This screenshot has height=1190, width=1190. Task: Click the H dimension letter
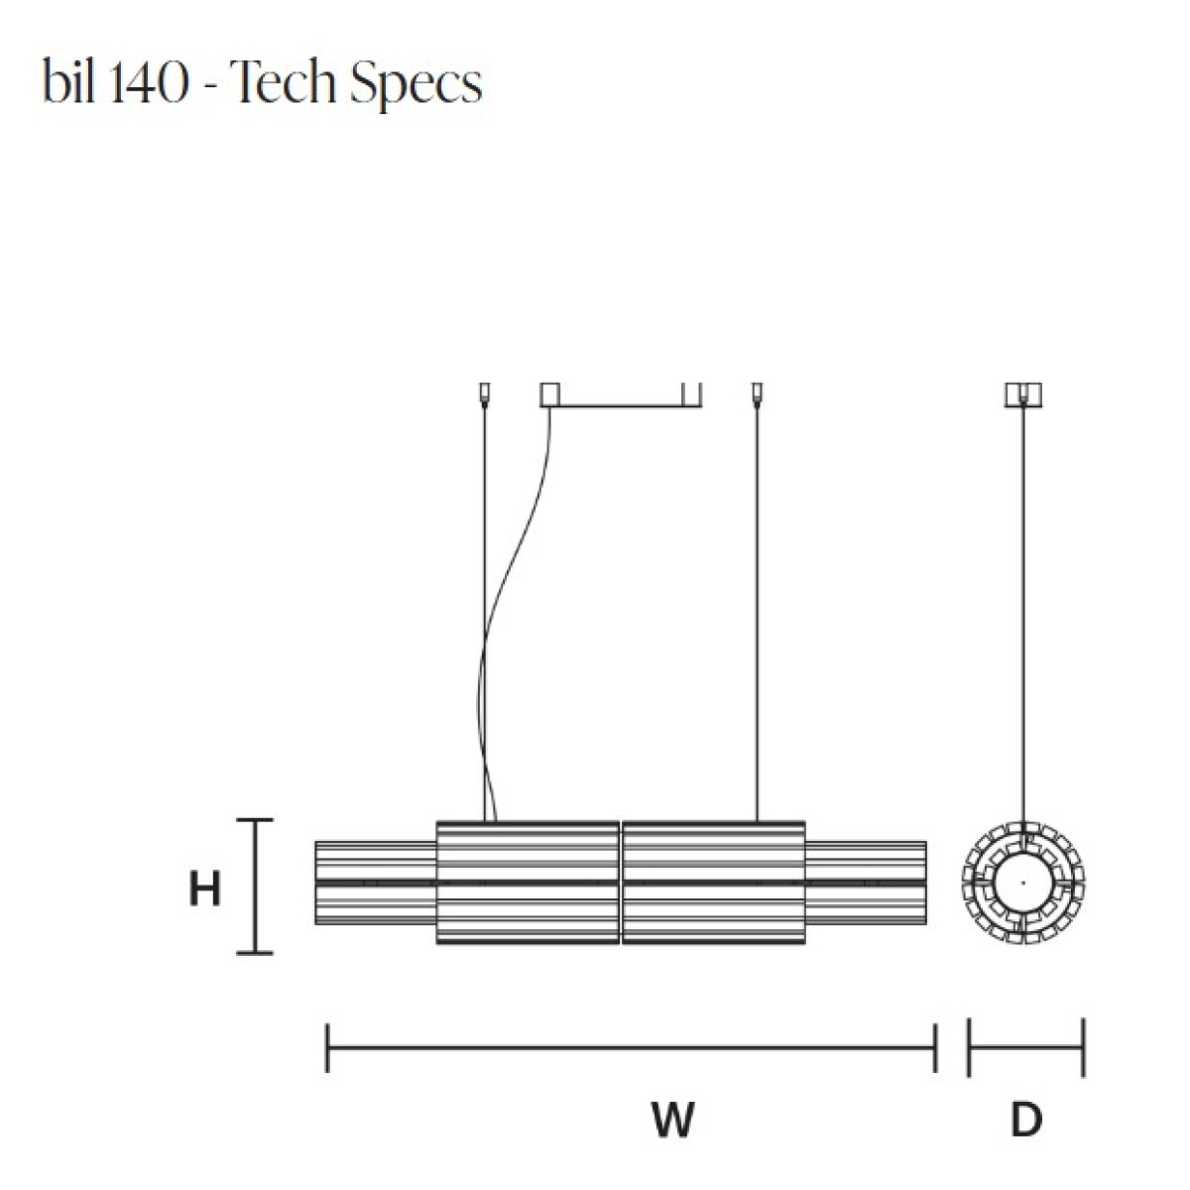(204, 890)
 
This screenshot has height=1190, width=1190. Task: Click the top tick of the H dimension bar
(255, 821)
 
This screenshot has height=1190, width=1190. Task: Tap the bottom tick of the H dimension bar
(255, 953)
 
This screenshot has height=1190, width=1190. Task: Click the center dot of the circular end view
(1023, 883)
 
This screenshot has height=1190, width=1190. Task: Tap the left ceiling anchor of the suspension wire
(485, 394)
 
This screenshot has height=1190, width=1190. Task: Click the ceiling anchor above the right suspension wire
(757, 394)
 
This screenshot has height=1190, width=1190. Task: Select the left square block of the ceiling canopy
(549, 395)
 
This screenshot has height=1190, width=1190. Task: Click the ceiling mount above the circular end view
(1023, 396)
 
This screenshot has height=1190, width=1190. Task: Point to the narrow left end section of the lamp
(376, 883)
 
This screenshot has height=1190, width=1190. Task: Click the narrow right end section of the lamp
(866, 883)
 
